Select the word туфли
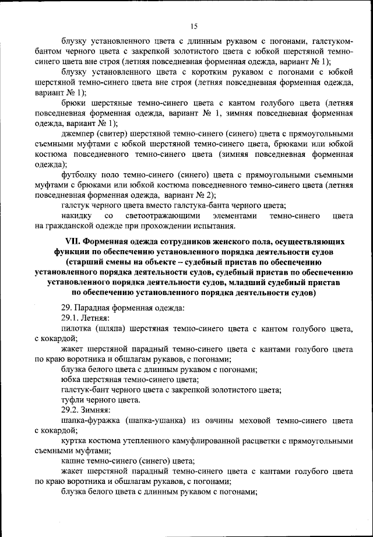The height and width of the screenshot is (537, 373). pyautogui.click(x=74, y=400)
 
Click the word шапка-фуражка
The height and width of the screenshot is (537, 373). pyautogui.click(x=90, y=421)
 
